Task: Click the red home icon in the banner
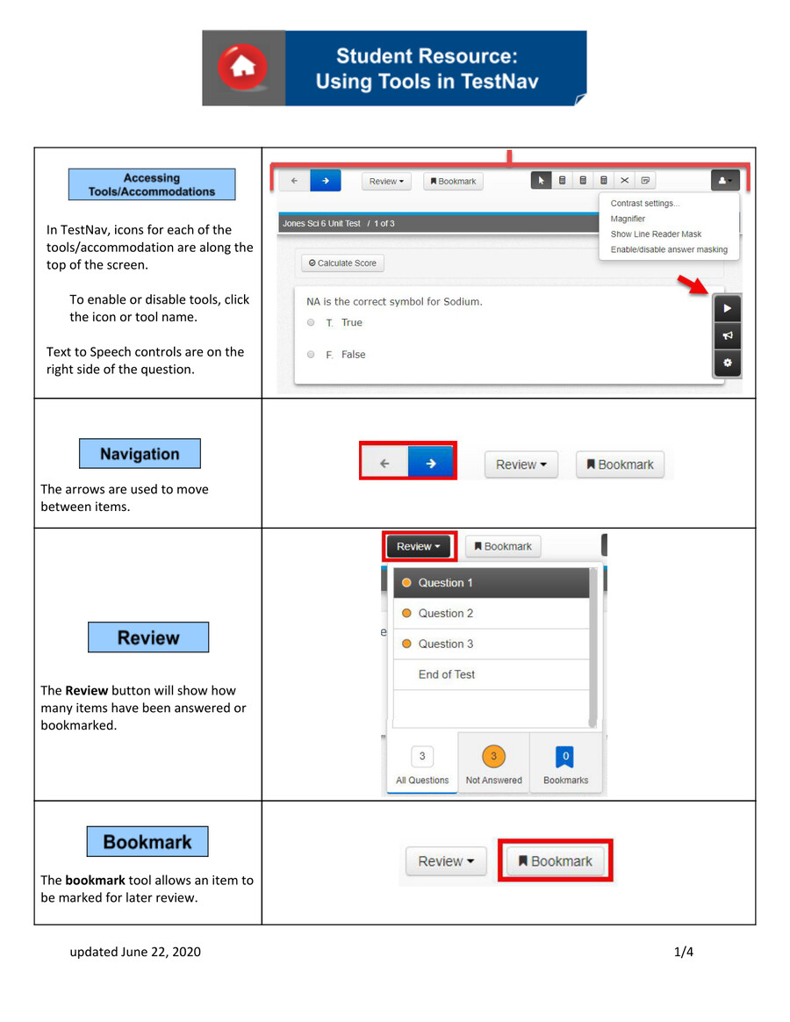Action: pos(243,68)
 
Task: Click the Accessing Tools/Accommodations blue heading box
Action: pos(152,184)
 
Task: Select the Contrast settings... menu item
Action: pos(645,204)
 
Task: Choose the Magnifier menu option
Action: pos(628,219)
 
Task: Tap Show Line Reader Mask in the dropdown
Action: pos(656,234)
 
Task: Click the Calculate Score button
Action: pos(342,263)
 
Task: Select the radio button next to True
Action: pos(311,323)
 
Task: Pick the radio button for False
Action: pos(311,355)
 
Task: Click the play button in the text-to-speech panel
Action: pos(728,309)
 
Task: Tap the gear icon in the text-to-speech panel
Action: pos(728,363)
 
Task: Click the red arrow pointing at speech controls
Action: pos(696,286)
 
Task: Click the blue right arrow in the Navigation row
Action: pos(431,464)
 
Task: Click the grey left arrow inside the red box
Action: pos(384,464)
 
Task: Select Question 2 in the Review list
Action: pos(445,614)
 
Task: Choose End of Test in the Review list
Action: pos(446,674)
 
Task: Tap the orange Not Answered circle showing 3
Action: pos(493,756)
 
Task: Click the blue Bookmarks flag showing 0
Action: pos(565,756)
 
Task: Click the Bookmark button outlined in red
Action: pos(555,861)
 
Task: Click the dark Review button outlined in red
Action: pos(419,546)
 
